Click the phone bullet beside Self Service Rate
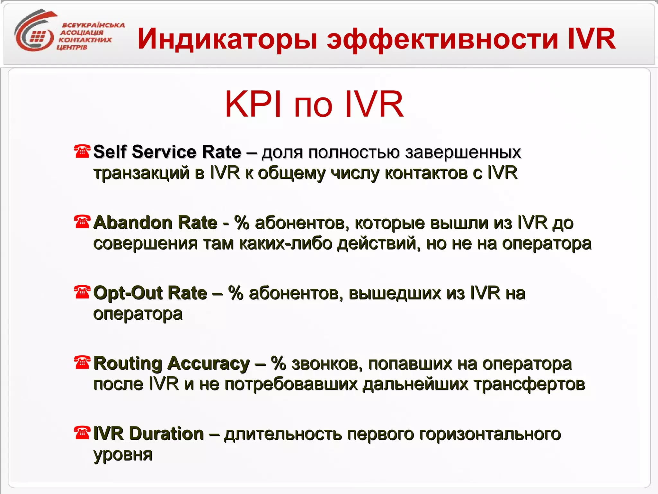(x=82, y=151)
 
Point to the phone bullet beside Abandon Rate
(x=82, y=222)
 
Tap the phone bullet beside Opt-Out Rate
(x=82, y=292)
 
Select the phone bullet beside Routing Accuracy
(x=82, y=362)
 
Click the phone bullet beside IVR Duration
(x=82, y=433)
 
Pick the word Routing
(x=128, y=364)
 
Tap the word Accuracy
(x=209, y=364)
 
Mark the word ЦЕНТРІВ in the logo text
(x=72, y=48)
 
